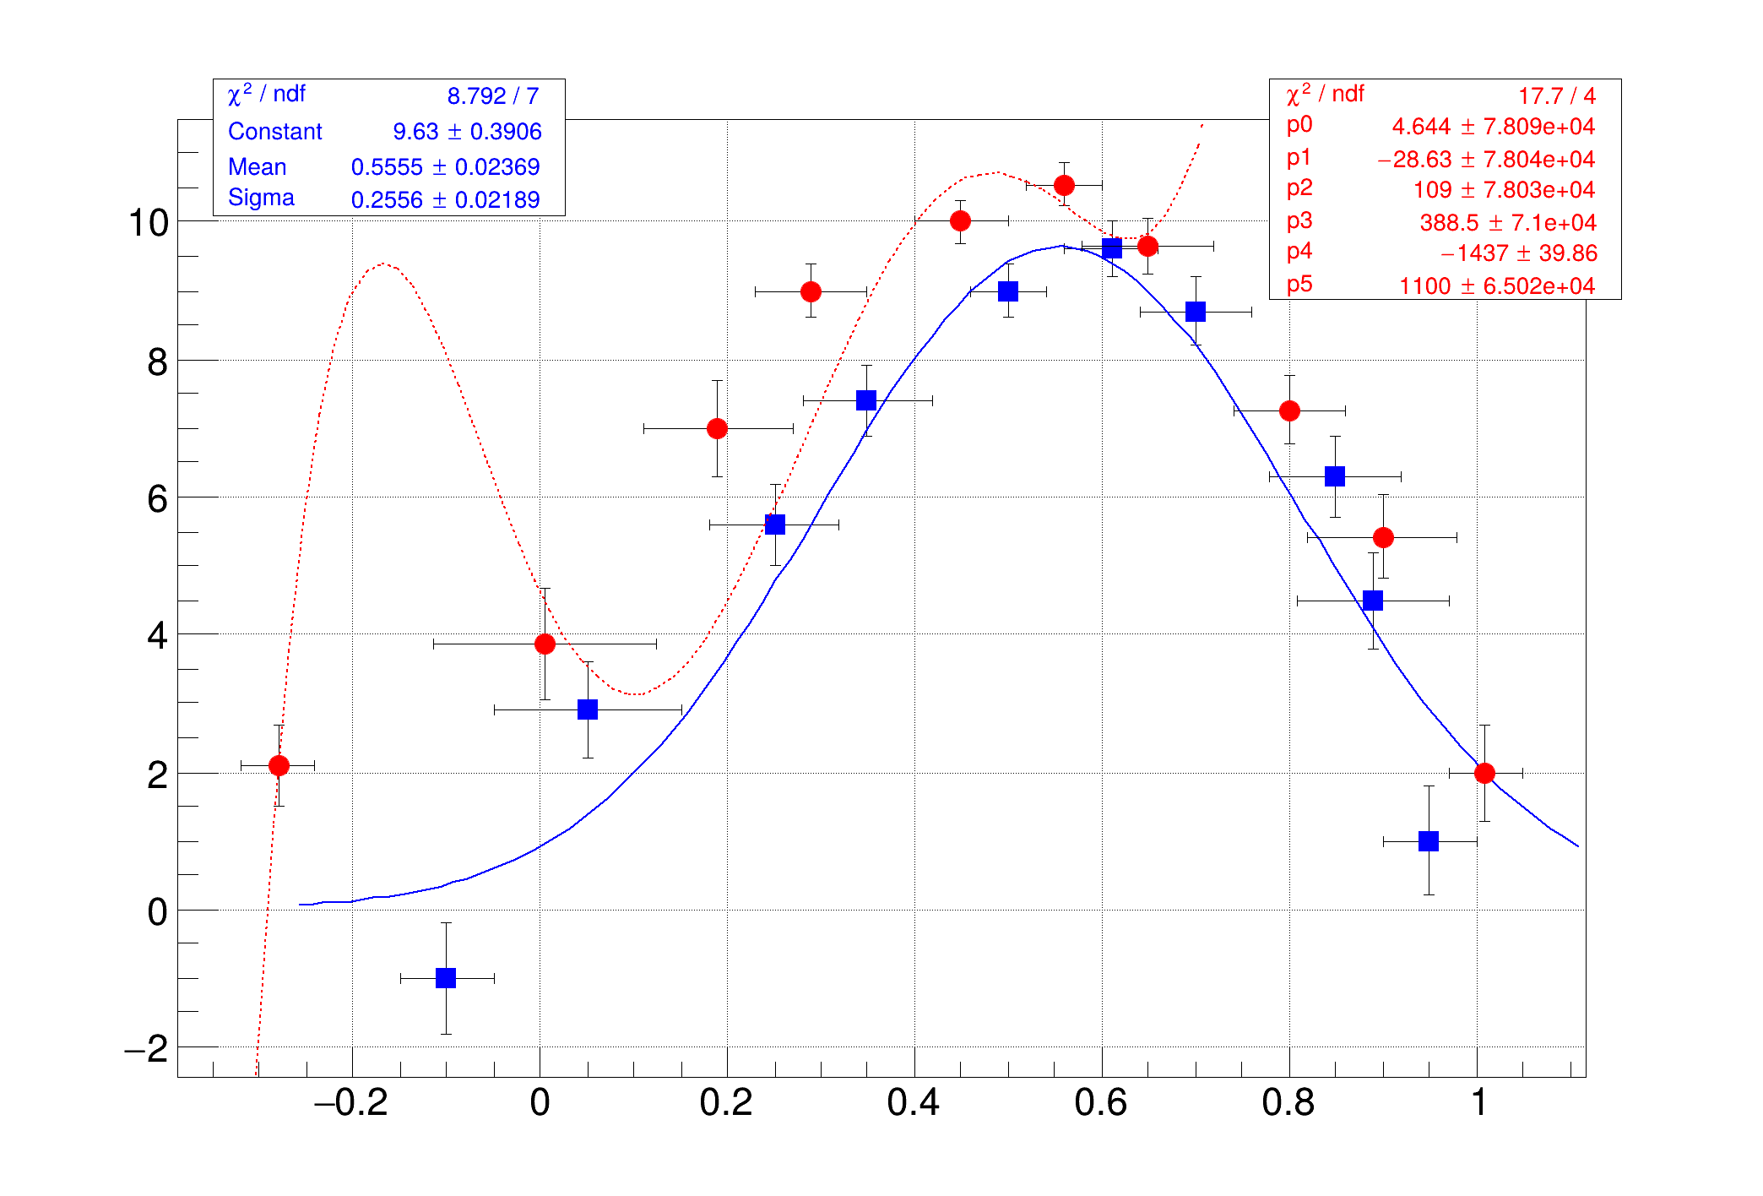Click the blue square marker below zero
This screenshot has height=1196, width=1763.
pos(446,978)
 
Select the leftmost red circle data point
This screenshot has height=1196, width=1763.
pos(279,765)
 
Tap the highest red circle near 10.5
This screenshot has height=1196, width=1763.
pos(1064,185)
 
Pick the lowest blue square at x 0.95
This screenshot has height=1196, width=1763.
pos(1429,841)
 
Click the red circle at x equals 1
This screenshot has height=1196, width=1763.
pos(1484,773)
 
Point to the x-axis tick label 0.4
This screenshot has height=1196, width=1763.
pos(914,1103)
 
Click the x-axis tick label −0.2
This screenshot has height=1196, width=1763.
pos(350,1103)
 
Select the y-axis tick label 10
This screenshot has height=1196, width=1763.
pos(148,223)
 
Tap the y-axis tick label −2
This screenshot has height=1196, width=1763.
pos(146,1050)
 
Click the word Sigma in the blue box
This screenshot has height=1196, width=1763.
pos(261,198)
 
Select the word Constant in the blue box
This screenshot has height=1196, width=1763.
pos(274,132)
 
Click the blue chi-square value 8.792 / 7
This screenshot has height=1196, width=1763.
pos(493,96)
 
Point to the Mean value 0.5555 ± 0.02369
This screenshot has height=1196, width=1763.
pos(445,167)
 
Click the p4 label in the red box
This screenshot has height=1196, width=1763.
pos(1299,252)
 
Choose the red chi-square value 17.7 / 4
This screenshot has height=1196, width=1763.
pos(1556,96)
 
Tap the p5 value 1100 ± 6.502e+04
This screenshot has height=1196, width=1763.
pos(1496,286)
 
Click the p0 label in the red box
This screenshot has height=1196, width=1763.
pos(1299,125)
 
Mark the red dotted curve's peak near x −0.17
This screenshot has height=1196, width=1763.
pos(383,264)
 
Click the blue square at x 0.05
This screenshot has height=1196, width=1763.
pos(588,709)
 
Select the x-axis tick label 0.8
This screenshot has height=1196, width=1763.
pos(1288,1103)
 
